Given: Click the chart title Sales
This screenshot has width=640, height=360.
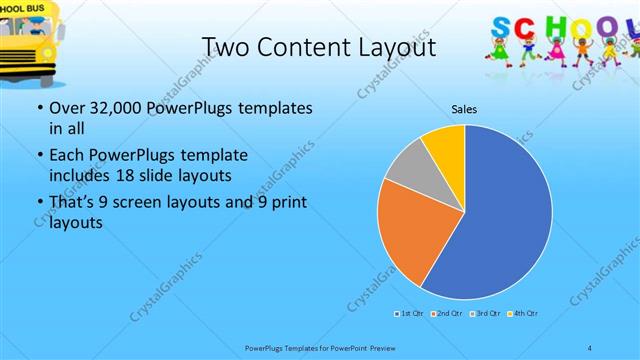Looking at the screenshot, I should (x=464, y=107).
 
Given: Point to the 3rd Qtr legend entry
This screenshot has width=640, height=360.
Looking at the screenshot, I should (x=484, y=315).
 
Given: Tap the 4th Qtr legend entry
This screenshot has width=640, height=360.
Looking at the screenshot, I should (x=522, y=315).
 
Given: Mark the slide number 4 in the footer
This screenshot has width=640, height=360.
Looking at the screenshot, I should (x=590, y=346).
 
